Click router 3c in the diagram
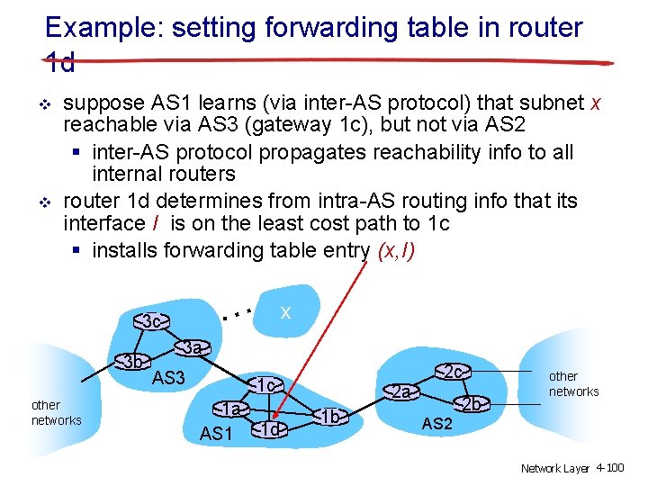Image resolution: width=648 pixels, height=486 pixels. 152,321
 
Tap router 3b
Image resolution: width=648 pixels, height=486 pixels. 134,362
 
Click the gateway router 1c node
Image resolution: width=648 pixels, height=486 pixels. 266,386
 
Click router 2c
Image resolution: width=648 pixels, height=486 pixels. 453,371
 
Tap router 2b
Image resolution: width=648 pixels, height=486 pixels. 472,404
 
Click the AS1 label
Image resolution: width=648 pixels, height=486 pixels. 216,434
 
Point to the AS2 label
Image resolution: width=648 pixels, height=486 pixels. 436,423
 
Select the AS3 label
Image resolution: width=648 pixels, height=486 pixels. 168,378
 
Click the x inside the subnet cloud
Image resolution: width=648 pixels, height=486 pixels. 285,312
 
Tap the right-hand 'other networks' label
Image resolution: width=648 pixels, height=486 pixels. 573,383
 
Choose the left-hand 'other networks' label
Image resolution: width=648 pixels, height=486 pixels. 56,413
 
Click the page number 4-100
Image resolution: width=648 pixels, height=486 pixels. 609,468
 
